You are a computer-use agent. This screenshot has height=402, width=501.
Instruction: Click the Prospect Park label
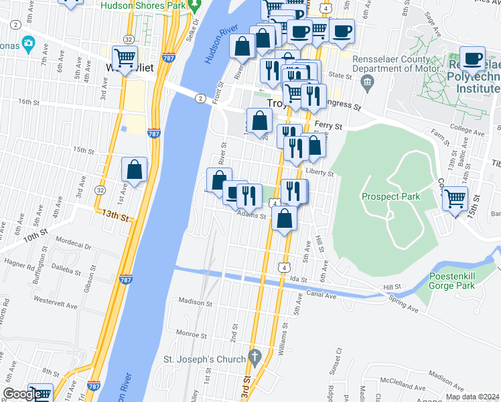click(390, 196)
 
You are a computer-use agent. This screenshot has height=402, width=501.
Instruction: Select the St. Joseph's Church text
click(205, 360)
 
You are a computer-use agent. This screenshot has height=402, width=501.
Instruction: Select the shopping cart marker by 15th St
click(455, 199)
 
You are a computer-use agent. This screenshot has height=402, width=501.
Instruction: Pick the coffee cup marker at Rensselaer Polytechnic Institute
click(473, 59)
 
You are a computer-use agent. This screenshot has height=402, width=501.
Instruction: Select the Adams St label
click(251, 216)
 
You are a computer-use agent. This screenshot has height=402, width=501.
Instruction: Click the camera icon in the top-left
click(28, 44)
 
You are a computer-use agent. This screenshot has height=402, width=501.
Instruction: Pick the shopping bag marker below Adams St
click(285, 219)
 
